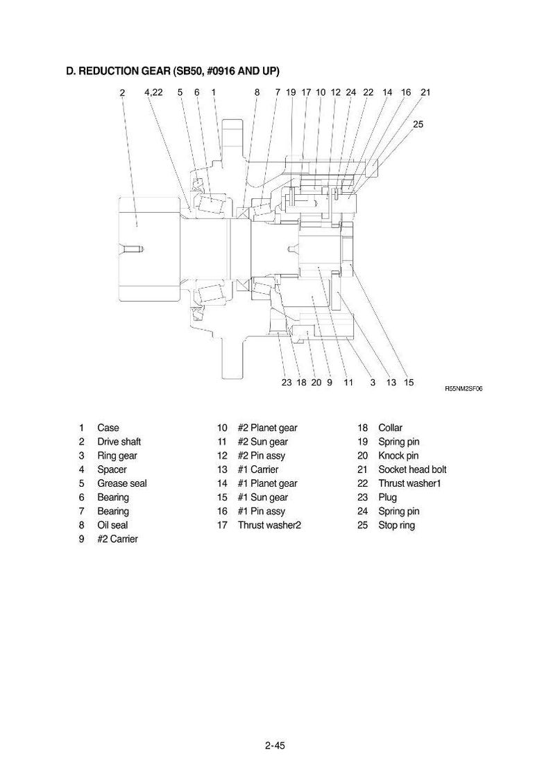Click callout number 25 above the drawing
point(418,124)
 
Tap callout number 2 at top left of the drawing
point(122,92)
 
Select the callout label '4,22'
point(153,92)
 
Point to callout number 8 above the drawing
point(257,92)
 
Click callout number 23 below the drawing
point(287,383)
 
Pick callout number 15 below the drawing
point(409,383)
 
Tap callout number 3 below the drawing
point(373,383)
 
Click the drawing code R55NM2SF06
point(464,389)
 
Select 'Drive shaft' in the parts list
point(119,442)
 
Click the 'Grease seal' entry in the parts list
point(122,483)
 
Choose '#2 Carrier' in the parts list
point(117,539)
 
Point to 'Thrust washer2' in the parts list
point(269,526)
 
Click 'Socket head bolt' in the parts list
point(412,469)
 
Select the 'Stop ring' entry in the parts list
point(396,526)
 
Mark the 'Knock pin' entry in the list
point(398,456)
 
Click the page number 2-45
point(275,745)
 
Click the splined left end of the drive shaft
point(149,248)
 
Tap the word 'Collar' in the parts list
point(390,428)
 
